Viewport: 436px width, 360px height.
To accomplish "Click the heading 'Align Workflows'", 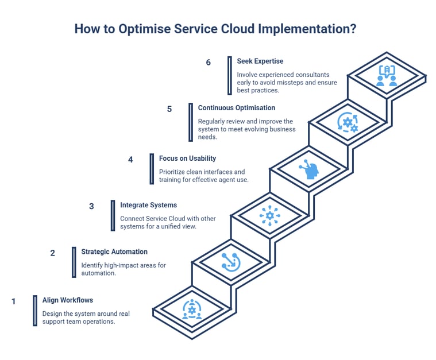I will tap(67, 300).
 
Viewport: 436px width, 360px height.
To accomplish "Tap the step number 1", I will tap(14, 301).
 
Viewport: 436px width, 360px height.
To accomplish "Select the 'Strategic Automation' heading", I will tap(114, 251).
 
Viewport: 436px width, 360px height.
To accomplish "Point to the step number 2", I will tap(53, 253).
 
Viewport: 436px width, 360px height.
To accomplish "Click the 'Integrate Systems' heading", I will tap(148, 204).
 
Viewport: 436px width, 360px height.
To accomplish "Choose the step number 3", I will tap(91, 206).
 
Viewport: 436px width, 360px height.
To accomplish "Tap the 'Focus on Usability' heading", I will tap(187, 158).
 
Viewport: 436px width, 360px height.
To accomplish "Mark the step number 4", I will tap(130, 160).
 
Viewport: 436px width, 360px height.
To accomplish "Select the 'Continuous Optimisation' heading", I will tap(236, 107).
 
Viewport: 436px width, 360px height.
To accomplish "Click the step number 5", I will tap(169, 109).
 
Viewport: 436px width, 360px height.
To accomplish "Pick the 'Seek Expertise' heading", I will tap(260, 61).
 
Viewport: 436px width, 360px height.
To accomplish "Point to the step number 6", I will tap(209, 63).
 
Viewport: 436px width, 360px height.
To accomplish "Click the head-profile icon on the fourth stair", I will tap(309, 169).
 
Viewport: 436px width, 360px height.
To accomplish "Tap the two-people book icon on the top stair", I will tap(387, 76).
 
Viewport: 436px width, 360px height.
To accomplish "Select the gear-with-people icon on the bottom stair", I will tap(192, 309).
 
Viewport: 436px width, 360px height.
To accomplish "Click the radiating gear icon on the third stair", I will tap(270, 216).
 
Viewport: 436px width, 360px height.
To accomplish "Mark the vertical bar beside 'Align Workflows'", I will tap(35, 311).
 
